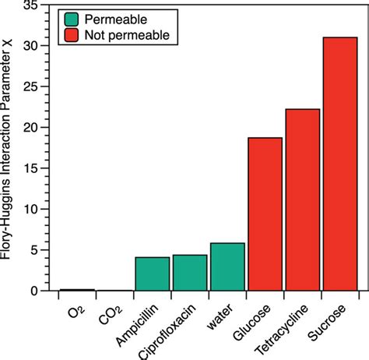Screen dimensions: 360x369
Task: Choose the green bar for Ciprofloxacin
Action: (190, 273)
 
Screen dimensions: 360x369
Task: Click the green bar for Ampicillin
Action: (153, 274)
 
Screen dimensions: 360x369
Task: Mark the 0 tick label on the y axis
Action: (39, 291)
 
